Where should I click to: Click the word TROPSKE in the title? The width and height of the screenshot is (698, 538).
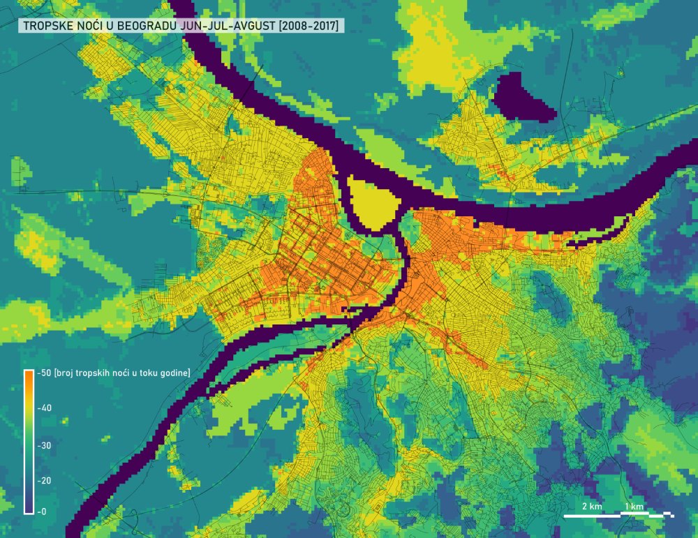pyautogui.click(x=49, y=27)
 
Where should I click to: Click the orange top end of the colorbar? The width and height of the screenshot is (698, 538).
pyautogui.click(x=29, y=375)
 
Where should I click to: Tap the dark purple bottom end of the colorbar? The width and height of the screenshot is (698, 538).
pyautogui.click(x=29, y=508)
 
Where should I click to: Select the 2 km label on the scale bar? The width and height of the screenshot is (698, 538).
pyautogui.click(x=591, y=506)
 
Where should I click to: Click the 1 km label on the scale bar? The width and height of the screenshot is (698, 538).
pyautogui.click(x=634, y=506)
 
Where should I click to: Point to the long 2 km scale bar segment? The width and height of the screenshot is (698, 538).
pyautogui.click(x=592, y=516)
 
